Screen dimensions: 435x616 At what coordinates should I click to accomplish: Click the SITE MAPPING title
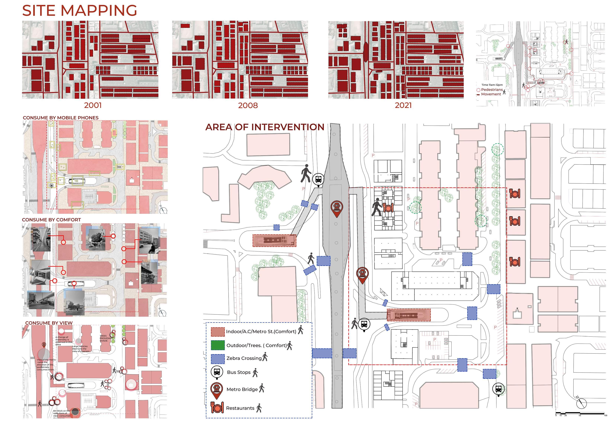click(79, 11)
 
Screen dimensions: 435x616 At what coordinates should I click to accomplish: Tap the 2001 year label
click(93, 105)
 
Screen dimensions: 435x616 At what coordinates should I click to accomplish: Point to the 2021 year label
click(403, 105)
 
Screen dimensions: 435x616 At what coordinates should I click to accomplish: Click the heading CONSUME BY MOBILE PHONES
click(61, 118)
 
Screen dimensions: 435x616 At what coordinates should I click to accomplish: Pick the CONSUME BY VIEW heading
click(49, 323)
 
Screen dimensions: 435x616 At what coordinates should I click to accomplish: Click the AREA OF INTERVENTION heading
click(264, 127)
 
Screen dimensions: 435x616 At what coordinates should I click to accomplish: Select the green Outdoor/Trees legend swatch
click(218, 345)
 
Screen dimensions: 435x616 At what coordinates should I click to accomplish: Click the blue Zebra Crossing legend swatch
click(218, 359)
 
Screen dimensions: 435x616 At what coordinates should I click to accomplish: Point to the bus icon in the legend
click(217, 372)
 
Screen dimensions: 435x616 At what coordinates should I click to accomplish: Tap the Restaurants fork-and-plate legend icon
click(217, 408)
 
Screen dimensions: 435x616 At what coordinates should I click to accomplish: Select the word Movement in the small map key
click(491, 94)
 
